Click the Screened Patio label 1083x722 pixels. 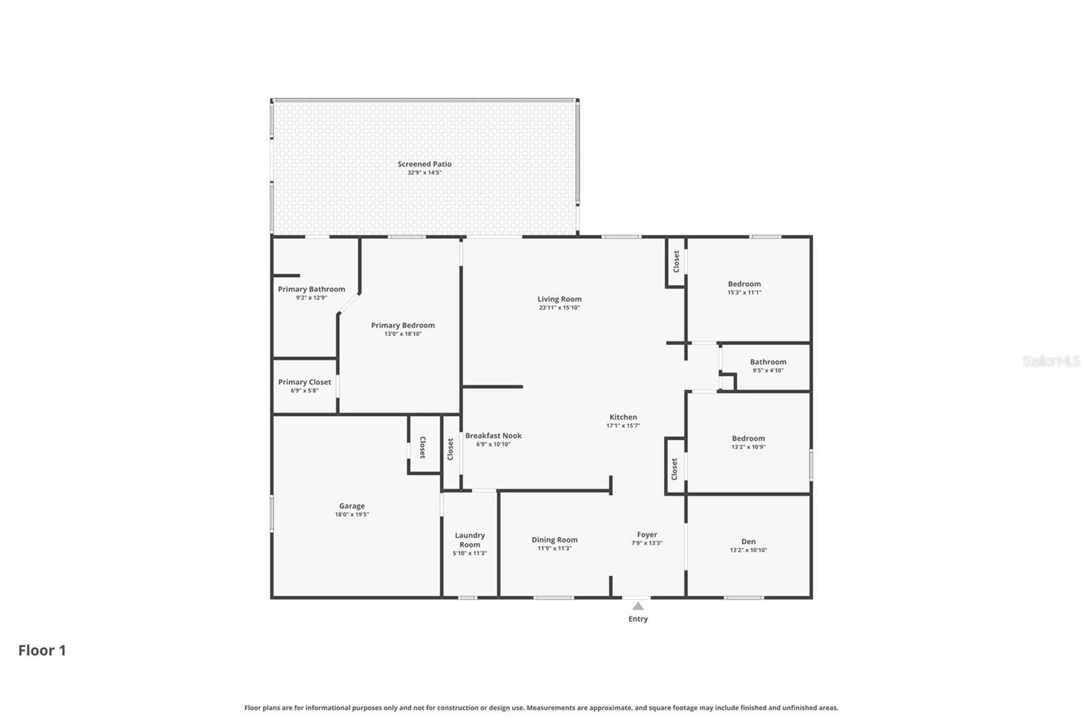pos(424,164)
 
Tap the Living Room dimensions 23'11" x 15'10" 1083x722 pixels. pos(559,307)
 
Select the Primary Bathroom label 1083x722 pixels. pos(311,289)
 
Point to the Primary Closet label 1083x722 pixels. pos(305,382)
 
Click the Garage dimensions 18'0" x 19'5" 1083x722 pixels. pos(351,515)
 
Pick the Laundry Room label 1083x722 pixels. pos(470,540)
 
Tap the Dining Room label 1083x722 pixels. pos(554,540)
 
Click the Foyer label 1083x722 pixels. pos(646,534)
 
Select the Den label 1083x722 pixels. pos(748,541)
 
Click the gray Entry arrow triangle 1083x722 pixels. pos(638,606)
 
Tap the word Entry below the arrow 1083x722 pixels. pos(638,619)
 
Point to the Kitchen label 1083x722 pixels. pos(623,417)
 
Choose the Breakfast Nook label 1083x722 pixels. pos(493,436)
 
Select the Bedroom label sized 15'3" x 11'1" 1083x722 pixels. pos(744,284)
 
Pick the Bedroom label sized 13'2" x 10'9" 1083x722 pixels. pos(748,438)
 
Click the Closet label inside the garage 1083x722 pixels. pos(422,447)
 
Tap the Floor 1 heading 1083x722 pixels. pos(42,650)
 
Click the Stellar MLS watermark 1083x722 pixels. pos(1051,361)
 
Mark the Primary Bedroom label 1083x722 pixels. pos(403,325)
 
